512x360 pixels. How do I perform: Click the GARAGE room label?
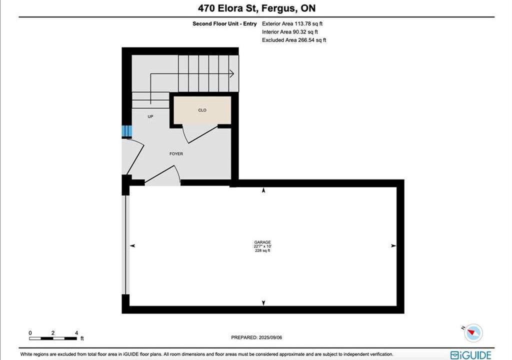point(262,242)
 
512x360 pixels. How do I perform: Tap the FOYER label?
point(176,153)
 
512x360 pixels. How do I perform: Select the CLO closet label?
point(202,110)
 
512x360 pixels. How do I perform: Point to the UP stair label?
point(150,116)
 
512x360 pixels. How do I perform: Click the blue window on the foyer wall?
point(126,131)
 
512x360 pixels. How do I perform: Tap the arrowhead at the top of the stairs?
point(232,74)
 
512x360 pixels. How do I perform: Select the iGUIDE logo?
point(470,355)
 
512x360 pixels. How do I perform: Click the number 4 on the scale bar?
point(76,333)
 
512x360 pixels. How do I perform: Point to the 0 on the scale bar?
point(30,333)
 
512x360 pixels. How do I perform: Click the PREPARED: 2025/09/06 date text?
point(256,337)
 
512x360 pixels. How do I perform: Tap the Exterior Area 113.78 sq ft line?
point(292,23)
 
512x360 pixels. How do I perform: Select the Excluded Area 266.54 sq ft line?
point(294,40)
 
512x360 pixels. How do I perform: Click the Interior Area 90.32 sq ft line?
point(289,31)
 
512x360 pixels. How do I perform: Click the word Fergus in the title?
point(278,8)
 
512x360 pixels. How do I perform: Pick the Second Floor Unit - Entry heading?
point(224,23)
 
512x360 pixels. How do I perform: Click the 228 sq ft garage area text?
point(262,250)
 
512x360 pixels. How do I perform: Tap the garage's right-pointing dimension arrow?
point(393,245)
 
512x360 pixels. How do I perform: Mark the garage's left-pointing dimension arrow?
point(132,245)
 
